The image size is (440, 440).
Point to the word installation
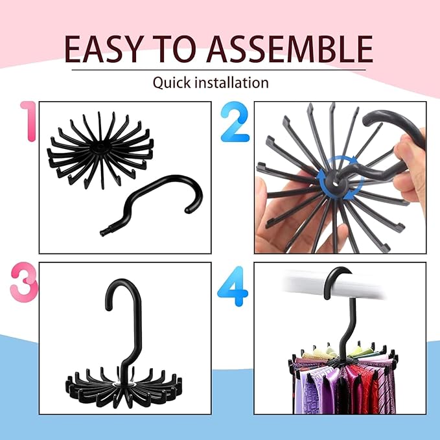point(231,82)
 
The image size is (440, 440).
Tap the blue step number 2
point(235,122)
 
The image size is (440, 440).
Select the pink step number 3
point(24,283)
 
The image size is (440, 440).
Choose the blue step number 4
point(233,286)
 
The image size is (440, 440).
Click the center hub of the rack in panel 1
point(99,148)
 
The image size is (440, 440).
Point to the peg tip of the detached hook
point(103,233)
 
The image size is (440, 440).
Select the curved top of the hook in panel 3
point(123,289)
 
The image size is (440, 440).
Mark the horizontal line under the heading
point(219,69)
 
